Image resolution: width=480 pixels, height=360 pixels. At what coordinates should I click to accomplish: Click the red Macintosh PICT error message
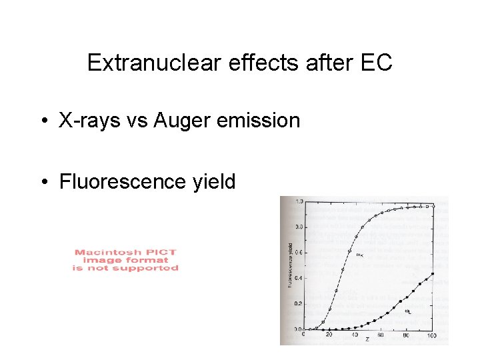coord(125,260)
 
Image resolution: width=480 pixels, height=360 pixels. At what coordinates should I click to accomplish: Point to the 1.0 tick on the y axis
coord(299,201)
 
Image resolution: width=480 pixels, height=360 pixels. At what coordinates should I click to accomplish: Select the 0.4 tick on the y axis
coord(299,278)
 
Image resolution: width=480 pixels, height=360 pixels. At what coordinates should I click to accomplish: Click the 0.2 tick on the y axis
coord(299,304)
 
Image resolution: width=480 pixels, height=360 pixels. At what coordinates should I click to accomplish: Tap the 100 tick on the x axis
coord(433,335)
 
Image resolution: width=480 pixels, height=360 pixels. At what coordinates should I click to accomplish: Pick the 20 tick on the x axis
coord(329,335)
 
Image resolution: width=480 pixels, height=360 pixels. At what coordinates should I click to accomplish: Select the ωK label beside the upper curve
coord(360,254)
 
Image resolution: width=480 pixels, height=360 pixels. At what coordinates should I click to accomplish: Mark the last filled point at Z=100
coord(433,273)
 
